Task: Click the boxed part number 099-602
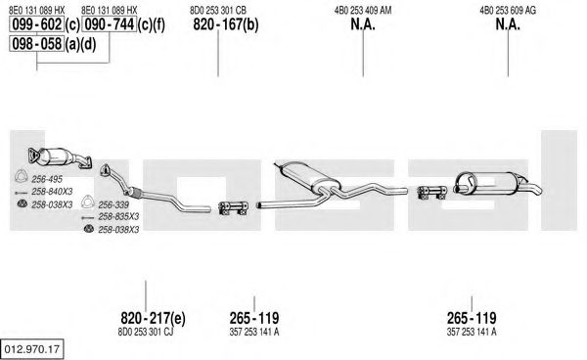[x=37, y=24]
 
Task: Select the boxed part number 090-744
[x=109, y=24]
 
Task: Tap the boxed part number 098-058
[x=37, y=44]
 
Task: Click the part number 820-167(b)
[x=226, y=24]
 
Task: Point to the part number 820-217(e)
[x=153, y=318]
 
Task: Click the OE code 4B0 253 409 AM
[x=363, y=11]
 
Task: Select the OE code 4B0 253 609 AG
[x=508, y=11]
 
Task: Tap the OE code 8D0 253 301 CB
[x=218, y=11]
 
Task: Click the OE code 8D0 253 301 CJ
[x=146, y=332]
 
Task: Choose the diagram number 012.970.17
[x=32, y=349]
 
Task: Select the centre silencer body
[x=310, y=175]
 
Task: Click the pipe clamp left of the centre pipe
[x=233, y=208]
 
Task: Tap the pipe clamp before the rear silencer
[x=431, y=192]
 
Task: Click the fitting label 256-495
[x=47, y=179]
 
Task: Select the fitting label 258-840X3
[x=52, y=192]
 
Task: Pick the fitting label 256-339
[x=113, y=204]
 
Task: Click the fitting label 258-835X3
[x=118, y=216]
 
